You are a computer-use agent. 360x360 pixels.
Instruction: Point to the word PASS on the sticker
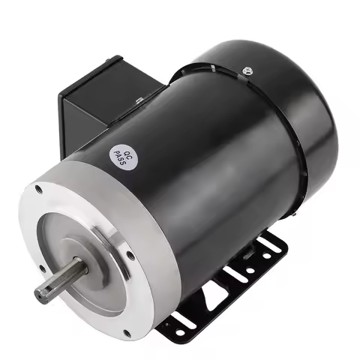117,152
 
